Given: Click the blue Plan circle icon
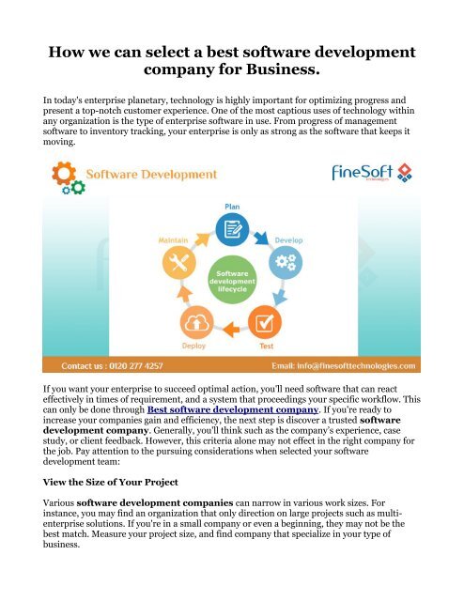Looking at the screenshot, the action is [231, 228].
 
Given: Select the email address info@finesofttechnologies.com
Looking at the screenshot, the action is [362, 366].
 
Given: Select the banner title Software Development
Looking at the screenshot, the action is [152, 175].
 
